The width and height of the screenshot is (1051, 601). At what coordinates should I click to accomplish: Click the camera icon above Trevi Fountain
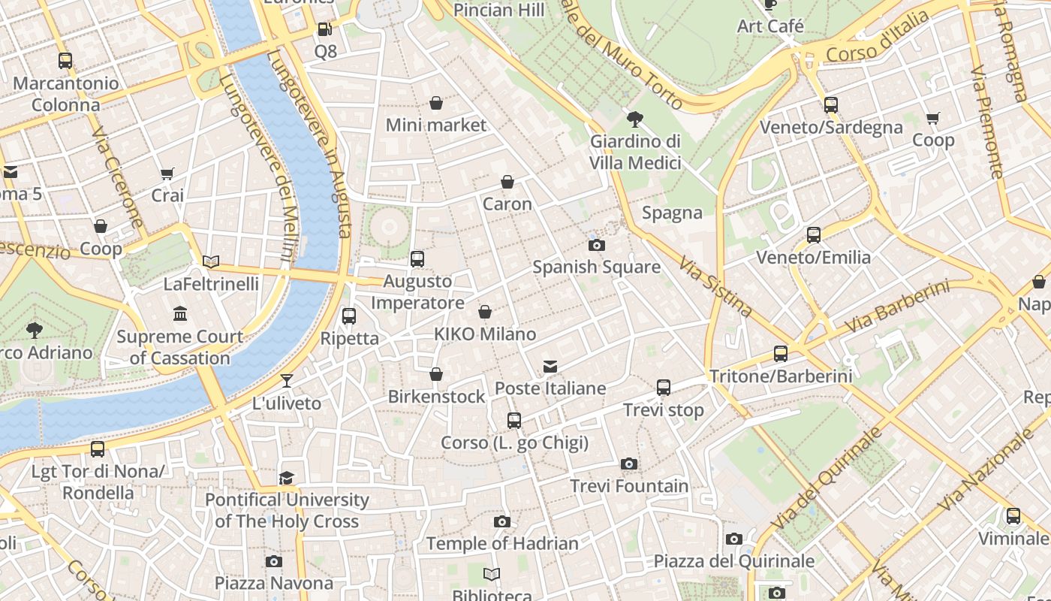(x=629, y=464)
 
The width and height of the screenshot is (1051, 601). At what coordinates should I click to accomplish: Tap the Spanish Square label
(x=596, y=267)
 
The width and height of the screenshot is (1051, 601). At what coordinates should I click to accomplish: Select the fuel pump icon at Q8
(x=325, y=29)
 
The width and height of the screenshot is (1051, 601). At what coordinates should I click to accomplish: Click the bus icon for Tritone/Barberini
(x=781, y=354)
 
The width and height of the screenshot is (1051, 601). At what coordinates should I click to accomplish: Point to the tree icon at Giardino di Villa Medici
(x=635, y=119)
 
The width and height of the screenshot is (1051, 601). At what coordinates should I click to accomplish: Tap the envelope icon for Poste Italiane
(x=550, y=367)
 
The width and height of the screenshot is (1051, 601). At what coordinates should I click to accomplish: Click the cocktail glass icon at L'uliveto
(x=286, y=381)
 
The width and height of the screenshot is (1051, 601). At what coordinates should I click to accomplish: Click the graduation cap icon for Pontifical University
(x=286, y=478)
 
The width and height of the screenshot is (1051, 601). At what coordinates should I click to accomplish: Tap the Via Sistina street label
(x=715, y=286)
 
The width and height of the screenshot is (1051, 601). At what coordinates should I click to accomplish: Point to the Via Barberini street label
(x=897, y=307)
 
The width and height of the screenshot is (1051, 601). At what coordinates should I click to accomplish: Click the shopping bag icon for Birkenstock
(x=436, y=374)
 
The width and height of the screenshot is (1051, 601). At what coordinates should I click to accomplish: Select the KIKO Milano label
(x=485, y=334)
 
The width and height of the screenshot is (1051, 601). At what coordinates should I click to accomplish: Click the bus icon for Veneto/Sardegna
(x=830, y=105)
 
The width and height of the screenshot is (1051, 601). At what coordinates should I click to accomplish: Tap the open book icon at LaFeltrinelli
(x=211, y=261)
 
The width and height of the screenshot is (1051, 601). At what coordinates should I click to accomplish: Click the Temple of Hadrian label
(x=501, y=543)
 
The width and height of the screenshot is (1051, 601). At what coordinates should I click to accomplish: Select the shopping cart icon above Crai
(x=167, y=174)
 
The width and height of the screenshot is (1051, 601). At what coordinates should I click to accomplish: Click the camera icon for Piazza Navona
(x=274, y=561)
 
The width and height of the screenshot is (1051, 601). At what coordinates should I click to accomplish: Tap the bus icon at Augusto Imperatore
(x=417, y=259)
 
